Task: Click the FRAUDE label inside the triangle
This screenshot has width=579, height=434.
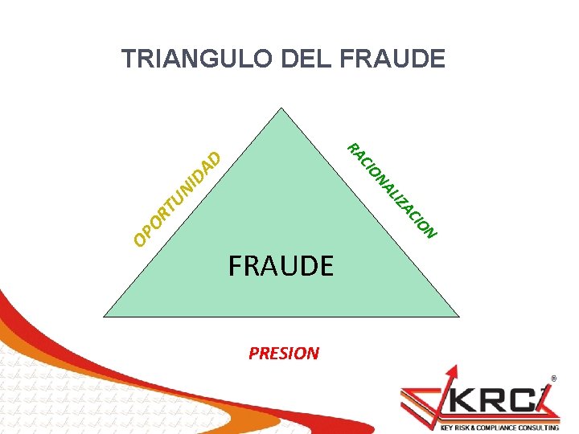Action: (281, 265)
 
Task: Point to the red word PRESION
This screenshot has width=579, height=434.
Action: (284, 353)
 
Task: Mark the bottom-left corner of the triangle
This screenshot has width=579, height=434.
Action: (105, 317)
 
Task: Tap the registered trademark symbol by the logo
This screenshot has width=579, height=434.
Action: (553, 377)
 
